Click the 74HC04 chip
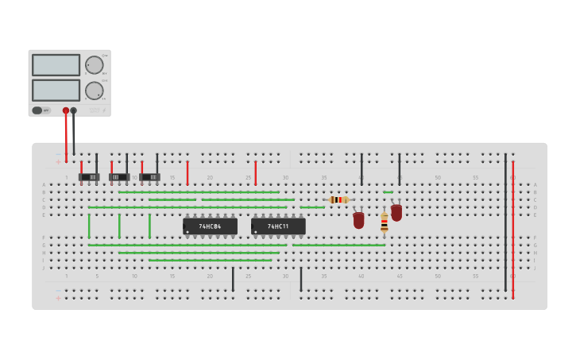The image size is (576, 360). tap(210, 226)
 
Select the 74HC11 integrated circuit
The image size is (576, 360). tap(278, 226)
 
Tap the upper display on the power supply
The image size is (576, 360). tap(56, 65)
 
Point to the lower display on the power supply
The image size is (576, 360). tap(56, 90)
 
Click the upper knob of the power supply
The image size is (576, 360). tap(94, 65)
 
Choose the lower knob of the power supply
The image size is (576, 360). tap(94, 91)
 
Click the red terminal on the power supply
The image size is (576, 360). tap(66, 110)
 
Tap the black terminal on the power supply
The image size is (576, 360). tap(74, 110)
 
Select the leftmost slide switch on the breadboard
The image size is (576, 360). tap(89, 176)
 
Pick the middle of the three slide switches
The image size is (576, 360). tap(119, 176)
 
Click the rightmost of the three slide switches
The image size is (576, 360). tap(149, 176)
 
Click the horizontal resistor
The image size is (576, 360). tap(338, 199)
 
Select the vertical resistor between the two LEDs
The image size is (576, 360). tap(384, 222)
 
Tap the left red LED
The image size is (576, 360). tap(358, 220)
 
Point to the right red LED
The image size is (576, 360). tap(396, 212)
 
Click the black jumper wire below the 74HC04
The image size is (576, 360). tap(233, 279)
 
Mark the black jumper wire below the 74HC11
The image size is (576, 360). tap(301, 279)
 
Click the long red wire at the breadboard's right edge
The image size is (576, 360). tap(512, 230)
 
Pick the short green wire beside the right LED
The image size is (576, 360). tap(388, 192)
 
